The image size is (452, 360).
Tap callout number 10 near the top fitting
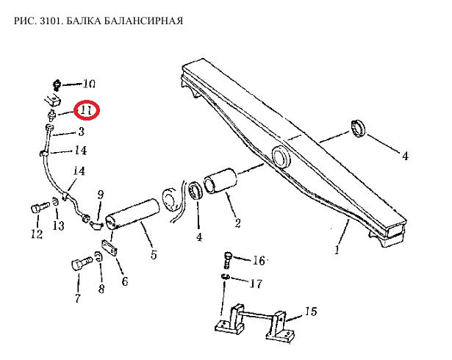89,84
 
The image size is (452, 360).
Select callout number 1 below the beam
337,250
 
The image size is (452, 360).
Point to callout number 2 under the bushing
237,223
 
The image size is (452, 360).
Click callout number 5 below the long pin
154,254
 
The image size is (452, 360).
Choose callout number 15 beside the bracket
311,312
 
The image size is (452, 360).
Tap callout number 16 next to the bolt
259,261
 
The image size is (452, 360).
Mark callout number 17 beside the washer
256,284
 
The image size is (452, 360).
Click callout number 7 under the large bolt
78,298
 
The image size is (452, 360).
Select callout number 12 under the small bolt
37,234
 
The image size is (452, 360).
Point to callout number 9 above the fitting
100,195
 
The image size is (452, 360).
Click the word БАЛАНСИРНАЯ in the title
143,21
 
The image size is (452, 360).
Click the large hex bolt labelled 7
82,264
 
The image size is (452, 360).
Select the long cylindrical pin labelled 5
132,214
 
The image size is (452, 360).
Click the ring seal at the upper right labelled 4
358,129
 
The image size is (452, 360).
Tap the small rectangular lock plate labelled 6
109,248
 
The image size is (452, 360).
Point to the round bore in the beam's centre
281,157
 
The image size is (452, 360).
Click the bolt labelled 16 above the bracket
227,259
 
